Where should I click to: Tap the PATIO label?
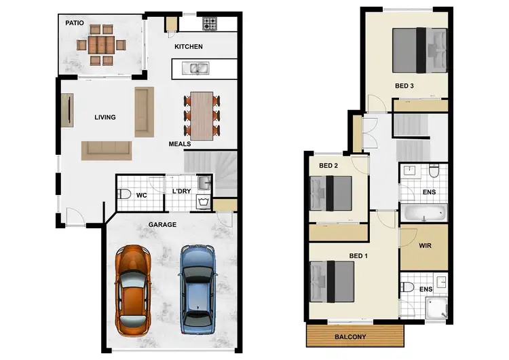[x=74, y=22]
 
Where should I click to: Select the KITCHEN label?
[x=189, y=47]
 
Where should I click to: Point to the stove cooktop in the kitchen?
[x=210, y=24]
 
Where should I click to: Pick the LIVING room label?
[x=105, y=118]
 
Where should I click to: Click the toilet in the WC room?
[x=124, y=194]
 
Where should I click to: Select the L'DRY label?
[x=181, y=192]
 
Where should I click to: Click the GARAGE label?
[x=162, y=224]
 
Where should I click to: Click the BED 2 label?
[x=328, y=166]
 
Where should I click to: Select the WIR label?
[x=426, y=247]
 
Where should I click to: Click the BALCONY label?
[x=350, y=337]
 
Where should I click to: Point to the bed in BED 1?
[x=333, y=281]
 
